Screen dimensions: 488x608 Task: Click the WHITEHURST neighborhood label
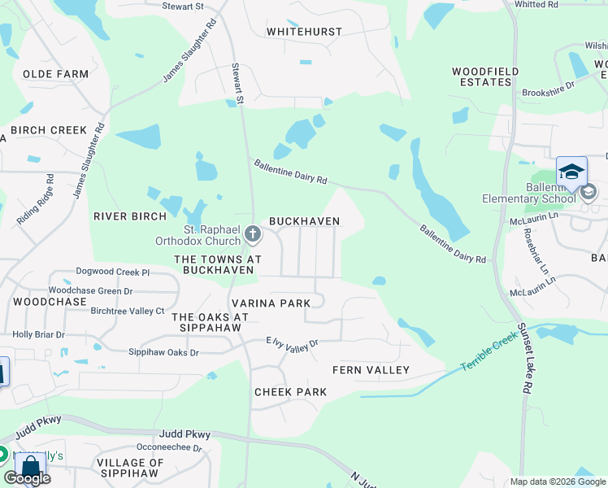(x=305, y=32)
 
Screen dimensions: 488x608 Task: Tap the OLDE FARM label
(x=55, y=74)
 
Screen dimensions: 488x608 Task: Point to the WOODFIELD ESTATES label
(x=485, y=77)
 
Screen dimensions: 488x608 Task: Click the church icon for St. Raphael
(x=253, y=236)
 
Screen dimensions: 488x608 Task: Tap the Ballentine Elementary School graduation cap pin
(x=571, y=172)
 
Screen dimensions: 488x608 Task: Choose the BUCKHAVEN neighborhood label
(x=304, y=221)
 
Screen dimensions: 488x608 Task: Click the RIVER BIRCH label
(x=130, y=216)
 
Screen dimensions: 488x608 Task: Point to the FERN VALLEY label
(x=371, y=370)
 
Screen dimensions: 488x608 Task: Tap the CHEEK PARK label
(x=290, y=392)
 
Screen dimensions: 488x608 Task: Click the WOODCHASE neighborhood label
(x=50, y=302)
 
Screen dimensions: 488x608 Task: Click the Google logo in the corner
(x=27, y=478)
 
